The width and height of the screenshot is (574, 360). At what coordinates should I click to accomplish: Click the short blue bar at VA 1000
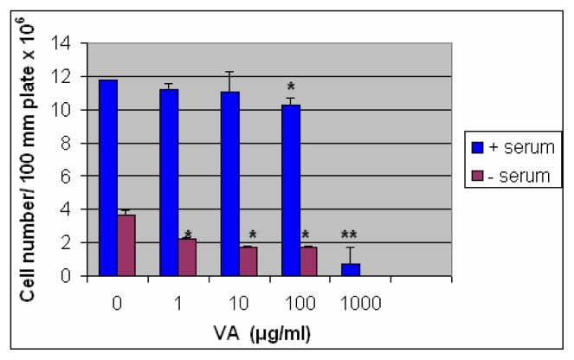(351, 270)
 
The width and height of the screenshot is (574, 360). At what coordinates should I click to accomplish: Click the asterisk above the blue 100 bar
(290, 87)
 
